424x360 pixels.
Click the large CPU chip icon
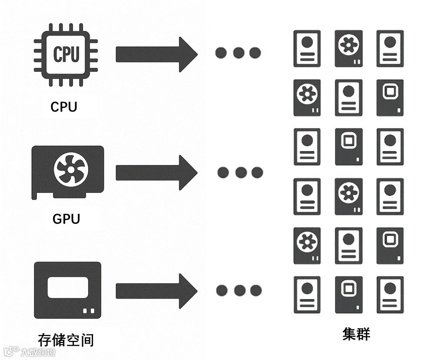(66, 54)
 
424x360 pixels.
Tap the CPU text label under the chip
(63, 107)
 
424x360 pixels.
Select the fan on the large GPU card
(71, 168)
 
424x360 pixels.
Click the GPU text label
(66, 218)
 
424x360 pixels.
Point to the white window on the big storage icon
(67, 288)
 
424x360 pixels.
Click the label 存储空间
(66, 339)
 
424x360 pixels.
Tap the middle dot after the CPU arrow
(238, 53)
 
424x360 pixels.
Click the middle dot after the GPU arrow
(240, 172)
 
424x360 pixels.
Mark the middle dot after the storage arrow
(239, 290)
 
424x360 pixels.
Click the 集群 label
(356, 334)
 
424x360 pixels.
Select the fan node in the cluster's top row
(348, 48)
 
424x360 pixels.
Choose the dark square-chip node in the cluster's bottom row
(348, 295)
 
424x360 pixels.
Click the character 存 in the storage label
(45, 339)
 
